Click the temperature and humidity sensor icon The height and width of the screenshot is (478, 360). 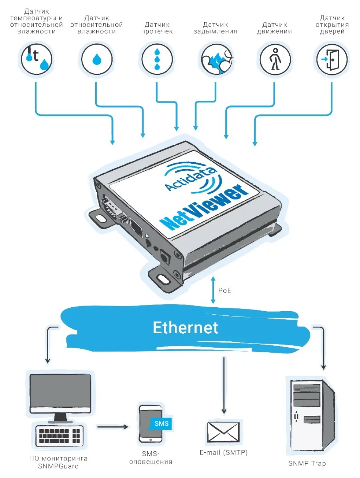(x=36, y=59)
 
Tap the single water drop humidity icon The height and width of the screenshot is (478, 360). (x=97, y=59)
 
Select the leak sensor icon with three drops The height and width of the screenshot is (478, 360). (x=157, y=59)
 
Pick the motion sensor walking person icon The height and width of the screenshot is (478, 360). (x=275, y=59)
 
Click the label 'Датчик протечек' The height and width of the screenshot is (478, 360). (x=157, y=28)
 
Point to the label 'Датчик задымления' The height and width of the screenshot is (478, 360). (x=215, y=28)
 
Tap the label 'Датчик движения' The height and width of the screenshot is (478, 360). (x=274, y=28)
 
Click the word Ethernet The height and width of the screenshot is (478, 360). (x=185, y=328)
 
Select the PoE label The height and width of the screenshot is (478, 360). (x=225, y=290)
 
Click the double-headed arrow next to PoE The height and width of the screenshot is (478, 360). (x=213, y=290)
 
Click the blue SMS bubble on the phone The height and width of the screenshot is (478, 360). (x=161, y=424)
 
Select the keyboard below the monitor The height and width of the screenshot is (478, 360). (x=59, y=435)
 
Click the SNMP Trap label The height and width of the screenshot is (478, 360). (x=307, y=463)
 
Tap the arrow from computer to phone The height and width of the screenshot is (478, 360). (x=112, y=427)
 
